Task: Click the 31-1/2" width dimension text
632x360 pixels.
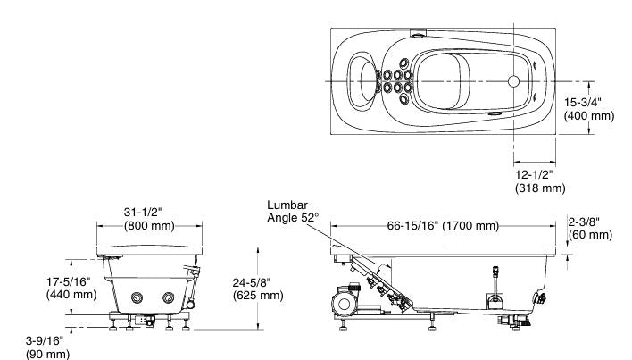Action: point(149,212)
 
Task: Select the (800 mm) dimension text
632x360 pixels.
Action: point(149,226)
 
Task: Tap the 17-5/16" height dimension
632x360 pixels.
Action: point(71,280)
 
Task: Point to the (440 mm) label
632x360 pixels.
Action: point(71,295)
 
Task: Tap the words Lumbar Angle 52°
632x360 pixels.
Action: point(294,210)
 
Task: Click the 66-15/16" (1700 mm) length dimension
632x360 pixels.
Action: point(448,225)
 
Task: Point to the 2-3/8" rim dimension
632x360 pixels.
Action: point(589,221)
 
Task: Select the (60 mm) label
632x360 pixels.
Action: point(589,234)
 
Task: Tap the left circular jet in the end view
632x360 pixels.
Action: point(138,297)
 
